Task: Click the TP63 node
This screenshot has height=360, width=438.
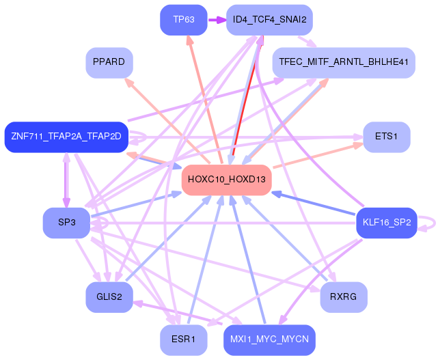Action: click(x=184, y=19)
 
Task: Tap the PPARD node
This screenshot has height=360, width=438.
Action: click(x=109, y=62)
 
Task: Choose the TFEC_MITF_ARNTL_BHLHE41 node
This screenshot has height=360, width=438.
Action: click(x=344, y=62)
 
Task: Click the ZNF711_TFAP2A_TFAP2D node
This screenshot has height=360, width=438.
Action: click(x=66, y=137)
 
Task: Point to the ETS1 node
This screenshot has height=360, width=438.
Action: click(x=387, y=137)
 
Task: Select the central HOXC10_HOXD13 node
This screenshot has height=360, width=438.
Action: click(x=227, y=180)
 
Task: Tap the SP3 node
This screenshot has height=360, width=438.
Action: click(x=66, y=223)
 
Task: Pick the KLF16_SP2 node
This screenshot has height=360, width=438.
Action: click(x=386, y=223)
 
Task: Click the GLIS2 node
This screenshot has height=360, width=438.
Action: click(x=109, y=297)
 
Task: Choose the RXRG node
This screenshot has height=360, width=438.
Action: click(x=344, y=297)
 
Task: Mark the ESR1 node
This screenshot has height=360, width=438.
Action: click(x=184, y=340)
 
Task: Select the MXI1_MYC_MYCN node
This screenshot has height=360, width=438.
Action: click(x=269, y=340)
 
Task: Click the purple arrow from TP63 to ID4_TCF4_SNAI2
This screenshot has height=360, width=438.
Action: click(x=217, y=19)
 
